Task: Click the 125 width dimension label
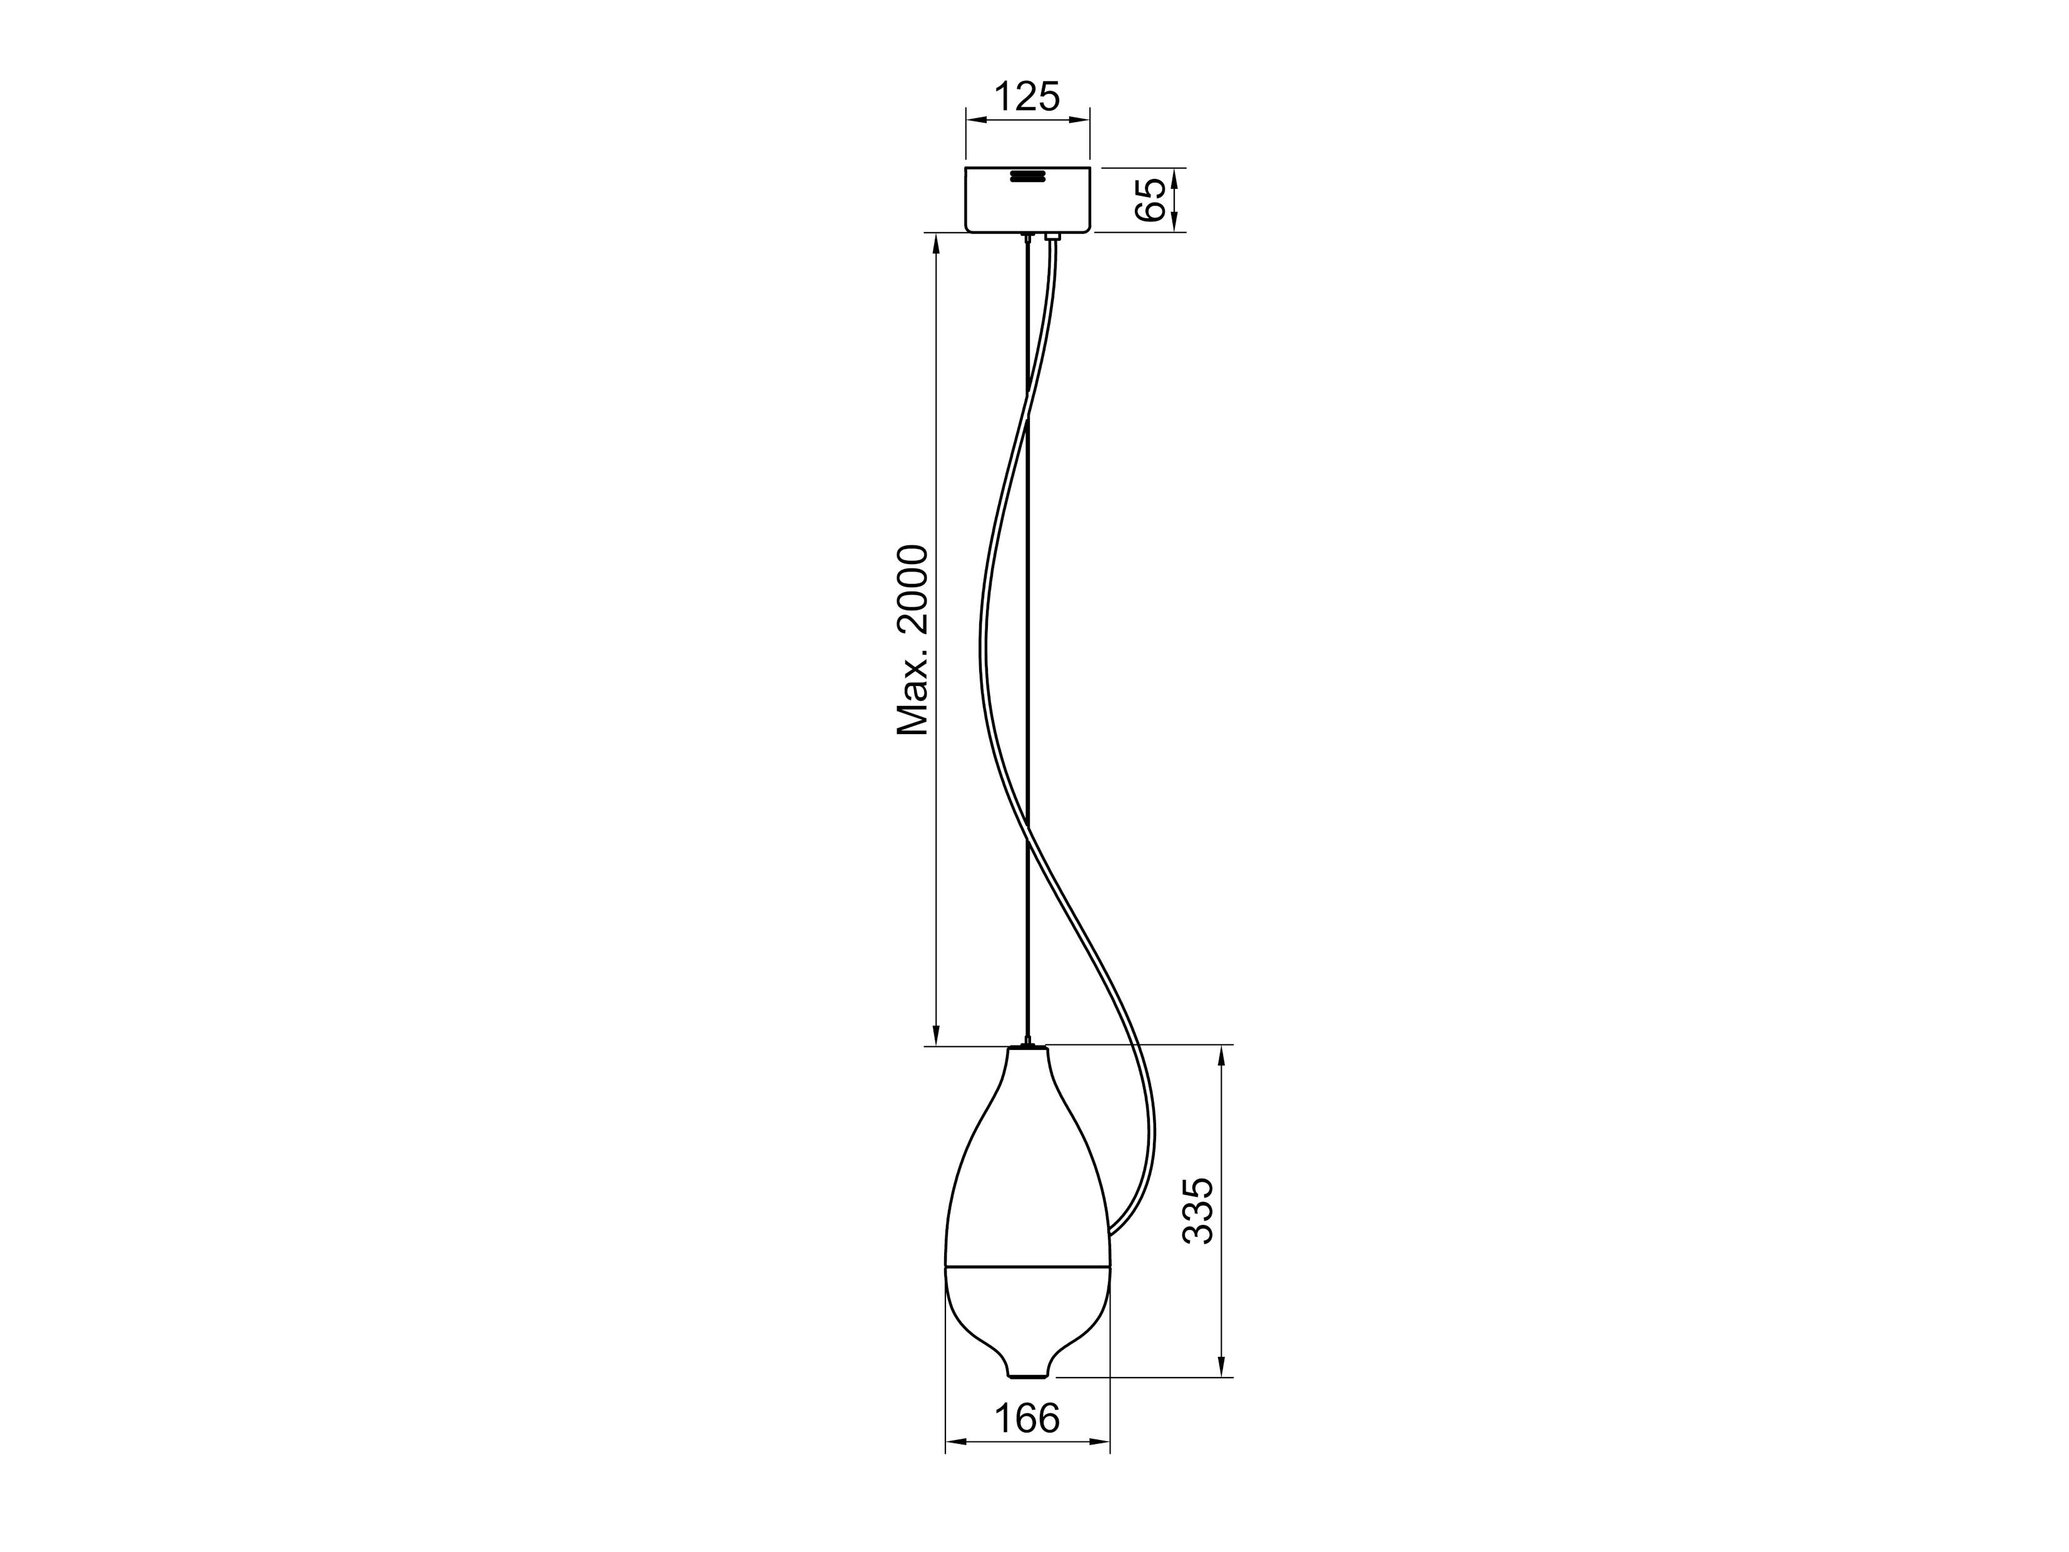click(x=1027, y=98)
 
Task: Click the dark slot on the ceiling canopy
click(x=1027, y=176)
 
